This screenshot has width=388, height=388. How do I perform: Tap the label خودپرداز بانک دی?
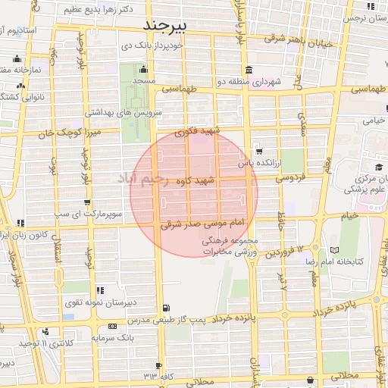(x=160, y=46)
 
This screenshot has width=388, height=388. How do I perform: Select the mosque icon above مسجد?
(x=142, y=70)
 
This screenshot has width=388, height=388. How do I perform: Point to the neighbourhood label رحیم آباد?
(x=150, y=180)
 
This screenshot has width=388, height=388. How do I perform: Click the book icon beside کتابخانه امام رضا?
(x=334, y=250)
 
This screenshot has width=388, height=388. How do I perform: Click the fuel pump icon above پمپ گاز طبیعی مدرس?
(x=166, y=308)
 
